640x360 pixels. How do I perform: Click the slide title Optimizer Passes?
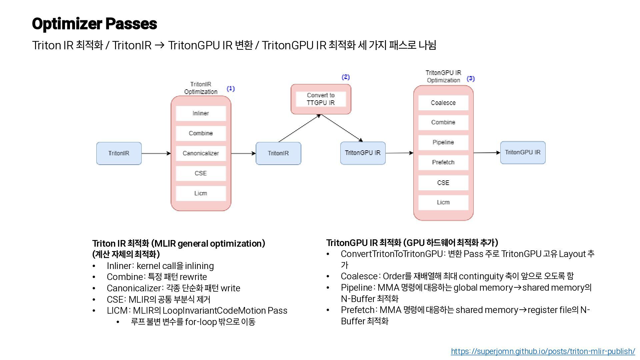coord(94,24)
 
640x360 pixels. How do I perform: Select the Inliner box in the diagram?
coord(201,113)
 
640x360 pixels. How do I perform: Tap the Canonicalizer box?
coord(201,153)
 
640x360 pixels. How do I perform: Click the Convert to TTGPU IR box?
coord(321,99)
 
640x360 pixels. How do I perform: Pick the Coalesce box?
coord(443,103)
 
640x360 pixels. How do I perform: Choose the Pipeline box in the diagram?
coord(443,142)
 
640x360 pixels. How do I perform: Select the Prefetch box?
coord(443,162)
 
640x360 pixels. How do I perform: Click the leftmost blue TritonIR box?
coord(119,153)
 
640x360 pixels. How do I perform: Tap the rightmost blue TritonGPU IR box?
coord(523,152)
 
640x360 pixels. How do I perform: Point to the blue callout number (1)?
coord(231,89)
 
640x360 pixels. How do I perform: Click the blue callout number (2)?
coord(346,77)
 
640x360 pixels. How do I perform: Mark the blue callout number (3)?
coord(471,79)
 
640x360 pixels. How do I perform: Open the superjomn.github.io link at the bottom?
coord(543,351)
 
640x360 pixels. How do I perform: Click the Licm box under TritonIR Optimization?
coord(201,193)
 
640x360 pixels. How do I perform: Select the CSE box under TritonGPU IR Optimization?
coord(443,183)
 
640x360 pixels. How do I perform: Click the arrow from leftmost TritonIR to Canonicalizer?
coord(156,153)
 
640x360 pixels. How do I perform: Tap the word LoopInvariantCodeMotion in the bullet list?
coord(214,311)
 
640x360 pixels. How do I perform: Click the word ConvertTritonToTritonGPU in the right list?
coord(392,254)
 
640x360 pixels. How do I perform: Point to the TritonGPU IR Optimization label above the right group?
coord(443,76)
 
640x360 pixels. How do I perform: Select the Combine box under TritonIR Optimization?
coord(201,133)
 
